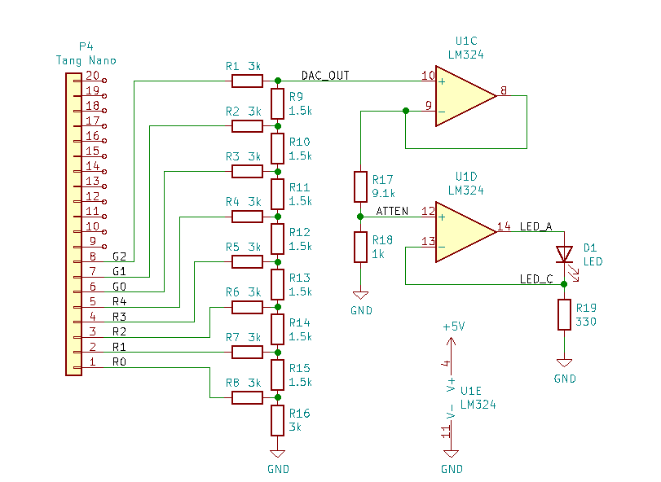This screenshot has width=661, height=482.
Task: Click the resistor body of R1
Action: (x=248, y=81)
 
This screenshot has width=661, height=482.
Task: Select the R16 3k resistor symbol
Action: (x=277, y=420)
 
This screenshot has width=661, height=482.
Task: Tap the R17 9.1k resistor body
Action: (x=360, y=186)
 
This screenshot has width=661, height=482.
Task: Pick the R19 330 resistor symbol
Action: (x=565, y=314)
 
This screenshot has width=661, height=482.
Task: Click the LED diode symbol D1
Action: (x=565, y=255)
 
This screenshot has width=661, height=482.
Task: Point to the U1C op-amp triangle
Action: (x=466, y=96)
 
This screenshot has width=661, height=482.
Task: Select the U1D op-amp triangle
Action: (x=466, y=232)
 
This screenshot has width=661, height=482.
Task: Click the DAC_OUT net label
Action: (x=325, y=76)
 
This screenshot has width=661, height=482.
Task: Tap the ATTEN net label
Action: (x=392, y=211)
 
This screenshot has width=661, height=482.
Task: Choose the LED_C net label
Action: (x=536, y=279)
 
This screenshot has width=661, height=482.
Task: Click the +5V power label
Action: (x=454, y=326)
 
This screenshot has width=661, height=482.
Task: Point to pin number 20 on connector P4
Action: (x=92, y=76)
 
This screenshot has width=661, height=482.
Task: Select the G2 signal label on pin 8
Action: (x=119, y=256)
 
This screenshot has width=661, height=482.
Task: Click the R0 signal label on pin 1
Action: (x=119, y=361)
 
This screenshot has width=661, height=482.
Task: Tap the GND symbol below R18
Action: (x=360, y=295)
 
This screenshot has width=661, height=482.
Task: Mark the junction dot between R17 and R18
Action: (x=360, y=217)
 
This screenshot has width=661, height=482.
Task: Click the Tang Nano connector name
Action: (x=86, y=60)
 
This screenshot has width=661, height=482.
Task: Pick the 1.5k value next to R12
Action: (x=300, y=246)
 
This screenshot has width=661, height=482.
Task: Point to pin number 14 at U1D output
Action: (x=504, y=226)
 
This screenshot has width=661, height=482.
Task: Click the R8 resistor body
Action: (x=248, y=397)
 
